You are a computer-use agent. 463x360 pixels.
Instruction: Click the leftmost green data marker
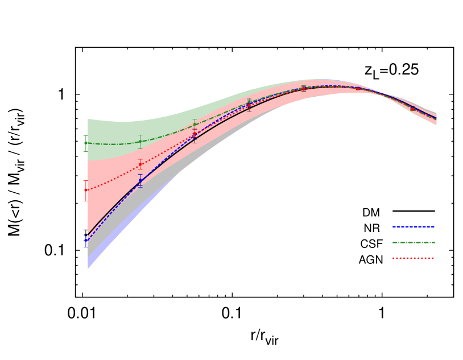[x=86, y=143]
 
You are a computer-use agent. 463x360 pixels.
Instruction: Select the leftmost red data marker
[x=86, y=191]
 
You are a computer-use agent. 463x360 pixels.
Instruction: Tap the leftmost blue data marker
[x=86, y=240]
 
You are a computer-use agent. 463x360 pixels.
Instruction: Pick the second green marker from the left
[x=140, y=142]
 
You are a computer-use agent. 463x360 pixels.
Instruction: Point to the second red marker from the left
[x=140, y=164]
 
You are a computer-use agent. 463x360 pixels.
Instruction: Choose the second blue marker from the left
[x=140, y=180]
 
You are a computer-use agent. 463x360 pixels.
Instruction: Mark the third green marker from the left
[x=195, y=124]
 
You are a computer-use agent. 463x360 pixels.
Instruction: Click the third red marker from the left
[x=195, y=134]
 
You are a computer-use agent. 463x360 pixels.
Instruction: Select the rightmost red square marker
[x=412, y=108]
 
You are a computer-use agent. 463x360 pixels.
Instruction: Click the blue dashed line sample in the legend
[x=413, y=226]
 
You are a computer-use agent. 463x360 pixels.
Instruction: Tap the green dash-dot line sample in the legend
[x=413, y=242]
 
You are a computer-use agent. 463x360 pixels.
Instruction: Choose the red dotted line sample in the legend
[x=413, y=258]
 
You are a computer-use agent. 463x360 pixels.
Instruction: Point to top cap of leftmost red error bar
[x=86, y=181]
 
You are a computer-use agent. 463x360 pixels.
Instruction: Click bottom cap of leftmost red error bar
[x=86, y=201]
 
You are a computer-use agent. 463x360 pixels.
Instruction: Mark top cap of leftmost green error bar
[x=86, y=135]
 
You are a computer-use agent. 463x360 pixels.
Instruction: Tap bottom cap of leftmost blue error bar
[x=86, y=247]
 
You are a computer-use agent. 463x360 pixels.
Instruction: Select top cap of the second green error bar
[x=140, y=135]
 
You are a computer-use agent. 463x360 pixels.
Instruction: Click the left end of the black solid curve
[x=88, y=234]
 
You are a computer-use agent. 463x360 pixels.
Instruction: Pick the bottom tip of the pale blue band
[x=88, y=268]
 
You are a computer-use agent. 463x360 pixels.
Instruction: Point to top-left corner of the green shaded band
[x=88, y=119]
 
